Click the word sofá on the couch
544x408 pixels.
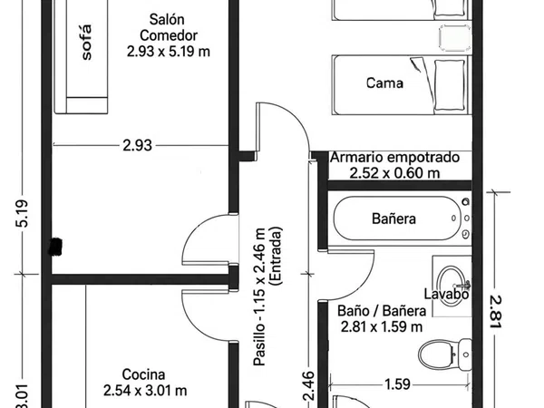[x=87, y=43]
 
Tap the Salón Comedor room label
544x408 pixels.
[x=169, y=35]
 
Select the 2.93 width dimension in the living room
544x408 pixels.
[x=138, y=145]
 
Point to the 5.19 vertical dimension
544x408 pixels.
[x=23, y=214]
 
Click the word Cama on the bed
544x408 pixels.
[x=384, y=83]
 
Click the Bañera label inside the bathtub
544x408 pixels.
[x=393, y=219]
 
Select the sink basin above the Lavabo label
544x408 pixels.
[x=452, y=286]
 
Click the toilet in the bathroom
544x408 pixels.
[x=445, y=355]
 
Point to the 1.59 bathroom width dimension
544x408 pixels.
[x=398, y=384]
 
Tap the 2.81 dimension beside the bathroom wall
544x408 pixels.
[x=496, y=312]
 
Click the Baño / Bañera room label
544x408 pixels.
[x=382, y=319]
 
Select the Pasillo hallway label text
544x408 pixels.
[x=267, y=296]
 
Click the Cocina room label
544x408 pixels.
[x=145, y=383]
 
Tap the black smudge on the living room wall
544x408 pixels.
[x=55, y=247]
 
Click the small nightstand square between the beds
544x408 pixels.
[x=455, y=38]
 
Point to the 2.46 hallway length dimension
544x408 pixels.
[x=307, y=385]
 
